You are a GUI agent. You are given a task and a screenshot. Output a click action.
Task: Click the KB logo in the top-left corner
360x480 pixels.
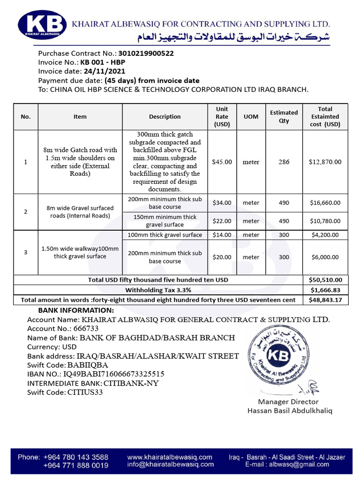tap(41, 24)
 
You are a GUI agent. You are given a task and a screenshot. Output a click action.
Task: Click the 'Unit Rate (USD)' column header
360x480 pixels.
tap(222, 116)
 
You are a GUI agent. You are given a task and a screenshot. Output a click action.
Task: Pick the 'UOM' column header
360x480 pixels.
tap(251, 116)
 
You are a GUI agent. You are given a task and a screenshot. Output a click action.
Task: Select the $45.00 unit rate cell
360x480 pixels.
tap(222, 162)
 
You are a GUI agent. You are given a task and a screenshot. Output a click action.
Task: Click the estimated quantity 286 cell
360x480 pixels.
tap(284, 162)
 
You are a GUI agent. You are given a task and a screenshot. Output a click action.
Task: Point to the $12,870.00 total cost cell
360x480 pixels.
tap(325, 162)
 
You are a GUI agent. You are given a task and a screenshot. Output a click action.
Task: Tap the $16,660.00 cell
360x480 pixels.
tap(325, 203)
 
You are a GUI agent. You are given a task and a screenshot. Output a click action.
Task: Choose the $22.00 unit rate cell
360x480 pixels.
tap(222, 221)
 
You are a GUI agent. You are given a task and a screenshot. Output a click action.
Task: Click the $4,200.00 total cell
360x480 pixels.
tap(325, 235)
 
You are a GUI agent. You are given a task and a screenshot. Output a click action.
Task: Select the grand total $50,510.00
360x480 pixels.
tap(325, 280)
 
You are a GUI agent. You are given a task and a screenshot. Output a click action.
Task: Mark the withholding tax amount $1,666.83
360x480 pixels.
tap(325, 290)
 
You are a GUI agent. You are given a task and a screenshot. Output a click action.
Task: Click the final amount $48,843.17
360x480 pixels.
tap(325, 300)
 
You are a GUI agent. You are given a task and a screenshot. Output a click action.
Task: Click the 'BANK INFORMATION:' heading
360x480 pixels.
tap(75, 310)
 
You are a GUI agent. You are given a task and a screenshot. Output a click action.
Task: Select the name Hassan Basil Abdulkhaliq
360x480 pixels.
tap(289, 411)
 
